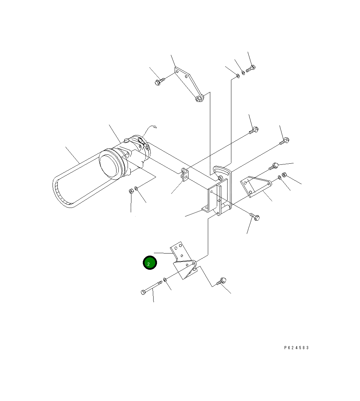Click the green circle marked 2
pyautogui.click(x=150, y=262)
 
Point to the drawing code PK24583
pyautogui.click(x=296, y=347)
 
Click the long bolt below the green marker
pyautogui.click(x=151, y=288)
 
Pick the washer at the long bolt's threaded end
pyautogui.click(x=165, y=279)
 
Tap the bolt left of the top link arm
pyautogui.click(x=159, y=81)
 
